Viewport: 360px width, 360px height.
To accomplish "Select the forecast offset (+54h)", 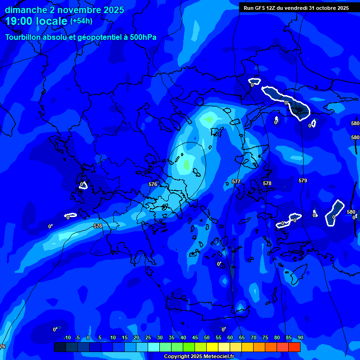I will tap(81, 21).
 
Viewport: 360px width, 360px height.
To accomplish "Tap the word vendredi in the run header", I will tap(291, 8).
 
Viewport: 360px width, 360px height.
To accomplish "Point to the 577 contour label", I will tap(236, 181).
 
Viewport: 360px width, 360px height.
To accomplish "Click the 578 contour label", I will tap(267, 183).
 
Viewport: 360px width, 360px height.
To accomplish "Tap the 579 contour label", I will tap(303, 180).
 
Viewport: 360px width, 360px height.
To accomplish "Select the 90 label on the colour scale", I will tap(300, 337).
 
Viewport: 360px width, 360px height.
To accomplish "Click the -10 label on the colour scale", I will tap(67, 337).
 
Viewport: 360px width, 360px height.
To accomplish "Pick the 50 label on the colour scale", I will tap(207, 337).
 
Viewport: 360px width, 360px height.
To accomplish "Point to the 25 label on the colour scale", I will tap(148, 337).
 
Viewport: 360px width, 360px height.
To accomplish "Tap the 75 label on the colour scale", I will tap(265, 337).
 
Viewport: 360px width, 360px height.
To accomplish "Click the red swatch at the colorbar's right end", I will tap(294, 347).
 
